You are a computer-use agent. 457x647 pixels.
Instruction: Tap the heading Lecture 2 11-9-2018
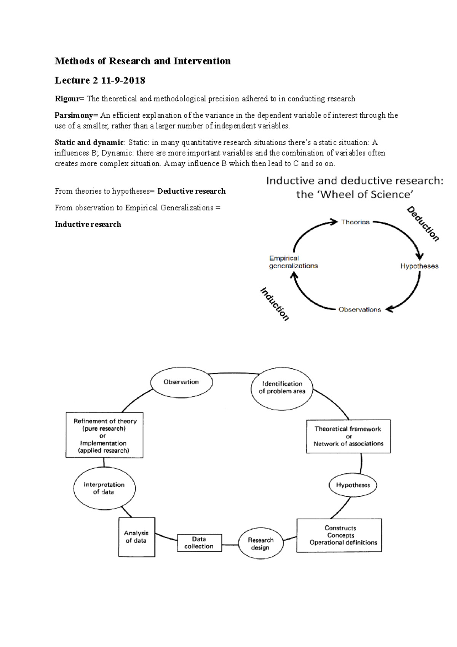point(100,80)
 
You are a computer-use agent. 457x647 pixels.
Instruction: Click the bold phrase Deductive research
point(191,191)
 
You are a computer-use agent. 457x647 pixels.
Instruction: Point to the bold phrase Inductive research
point(88,224)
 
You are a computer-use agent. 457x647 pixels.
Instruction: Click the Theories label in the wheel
point(355,222)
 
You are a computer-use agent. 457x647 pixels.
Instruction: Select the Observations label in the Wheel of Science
point(360,309)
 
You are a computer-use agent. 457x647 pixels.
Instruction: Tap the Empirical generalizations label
point(293,262)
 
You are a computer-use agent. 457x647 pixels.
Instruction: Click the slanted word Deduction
point(423,224)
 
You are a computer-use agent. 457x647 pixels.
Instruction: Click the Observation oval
point(181,382)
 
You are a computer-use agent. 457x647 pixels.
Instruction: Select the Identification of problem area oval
point(282,388)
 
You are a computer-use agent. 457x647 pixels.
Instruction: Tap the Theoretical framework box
point(348,436)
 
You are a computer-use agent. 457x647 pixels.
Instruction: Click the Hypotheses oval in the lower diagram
point(353,485)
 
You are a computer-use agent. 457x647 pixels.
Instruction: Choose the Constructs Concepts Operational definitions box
point(339,535)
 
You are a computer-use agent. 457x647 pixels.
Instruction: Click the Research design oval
point(260,543)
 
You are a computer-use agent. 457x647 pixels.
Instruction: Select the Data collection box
point(199,543)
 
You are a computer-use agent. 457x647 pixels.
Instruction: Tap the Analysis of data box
point(136,537)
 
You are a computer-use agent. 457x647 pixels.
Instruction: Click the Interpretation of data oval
point(104,488)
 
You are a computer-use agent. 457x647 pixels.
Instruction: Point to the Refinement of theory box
point(104,436)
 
